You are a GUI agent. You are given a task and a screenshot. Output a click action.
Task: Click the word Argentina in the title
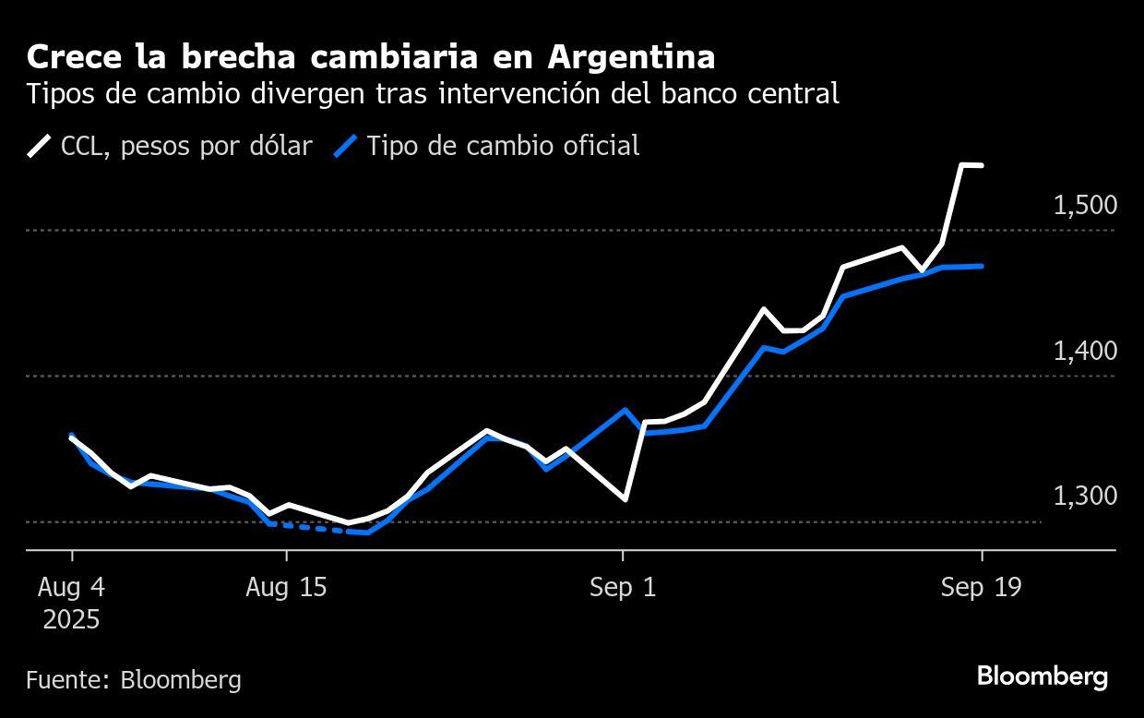point(631,57)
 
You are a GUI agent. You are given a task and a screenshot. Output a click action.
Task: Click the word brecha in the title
point(225,57)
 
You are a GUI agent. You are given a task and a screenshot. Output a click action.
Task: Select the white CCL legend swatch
point(40,146)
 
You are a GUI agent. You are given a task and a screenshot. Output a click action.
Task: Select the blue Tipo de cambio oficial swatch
point(345,146)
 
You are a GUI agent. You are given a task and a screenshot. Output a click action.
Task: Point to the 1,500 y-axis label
point(1085,205)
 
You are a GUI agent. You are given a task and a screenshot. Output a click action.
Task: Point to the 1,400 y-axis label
point(1085,351)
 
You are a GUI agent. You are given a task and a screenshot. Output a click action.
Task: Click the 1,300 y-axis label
point(1085,496)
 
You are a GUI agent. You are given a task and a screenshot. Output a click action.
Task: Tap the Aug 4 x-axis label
point(72,588)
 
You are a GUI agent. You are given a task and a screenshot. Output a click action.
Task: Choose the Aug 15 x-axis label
point(286,588)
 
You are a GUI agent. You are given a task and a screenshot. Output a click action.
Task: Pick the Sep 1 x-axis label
point(623,588)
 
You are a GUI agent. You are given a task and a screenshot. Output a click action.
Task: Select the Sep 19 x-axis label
point(981,588)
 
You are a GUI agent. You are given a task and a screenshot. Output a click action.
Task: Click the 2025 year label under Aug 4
point(72,618)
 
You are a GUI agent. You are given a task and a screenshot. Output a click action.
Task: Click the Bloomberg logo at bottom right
point(1043,676)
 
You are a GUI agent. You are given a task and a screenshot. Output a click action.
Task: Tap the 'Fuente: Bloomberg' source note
point(134,680)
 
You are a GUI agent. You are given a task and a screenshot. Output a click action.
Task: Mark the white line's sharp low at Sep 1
point(626,499)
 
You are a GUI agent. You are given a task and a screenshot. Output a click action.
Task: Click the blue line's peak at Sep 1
point(626,410)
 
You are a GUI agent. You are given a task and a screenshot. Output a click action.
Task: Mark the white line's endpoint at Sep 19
point(981,166)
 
